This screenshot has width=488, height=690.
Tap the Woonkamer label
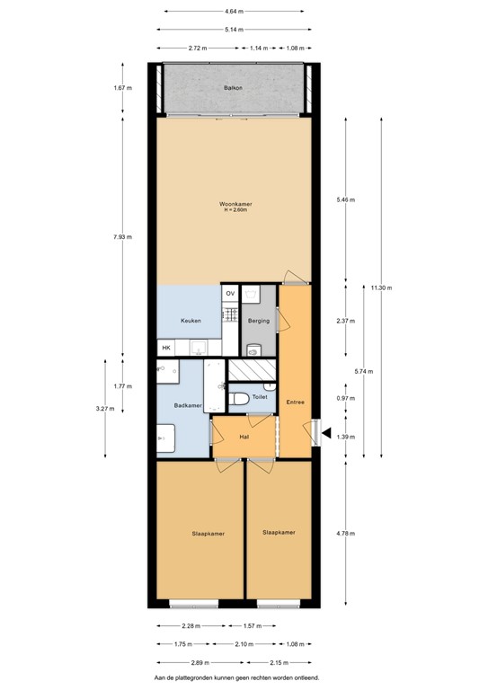tap(235, 204)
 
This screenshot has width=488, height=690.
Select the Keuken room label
tap(190, 321)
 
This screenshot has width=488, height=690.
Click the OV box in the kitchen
tap(230, 294)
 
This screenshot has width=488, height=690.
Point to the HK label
tap(166, 348)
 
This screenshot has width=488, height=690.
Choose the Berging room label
tap(259, 321)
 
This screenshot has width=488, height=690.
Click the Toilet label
tap(261, 396)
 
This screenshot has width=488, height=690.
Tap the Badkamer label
tap(187, 406)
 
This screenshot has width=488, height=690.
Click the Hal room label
tap(244, 437)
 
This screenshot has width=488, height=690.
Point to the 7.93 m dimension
tap(123, 236)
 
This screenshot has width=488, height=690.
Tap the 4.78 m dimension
tap(345, 533)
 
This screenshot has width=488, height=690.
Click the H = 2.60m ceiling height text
tap(235, 210)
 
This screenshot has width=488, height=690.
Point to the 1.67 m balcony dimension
tap(123, 88)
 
